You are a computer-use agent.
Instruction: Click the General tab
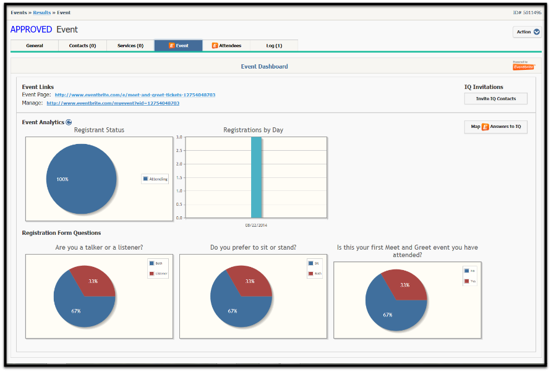(35, 46)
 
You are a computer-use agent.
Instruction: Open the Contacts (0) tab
(82, 46)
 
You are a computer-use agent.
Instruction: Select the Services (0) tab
(130, 46)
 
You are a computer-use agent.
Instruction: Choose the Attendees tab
(226, 46)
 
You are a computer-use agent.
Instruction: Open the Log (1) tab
(274, 46)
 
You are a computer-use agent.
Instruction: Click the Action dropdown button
(527, 32)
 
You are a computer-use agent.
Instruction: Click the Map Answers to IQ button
(495, 127)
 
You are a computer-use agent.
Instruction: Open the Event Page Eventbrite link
(135, 95)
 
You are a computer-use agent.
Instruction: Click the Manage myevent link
(113, 103)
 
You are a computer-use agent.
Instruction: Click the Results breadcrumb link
(43, 12)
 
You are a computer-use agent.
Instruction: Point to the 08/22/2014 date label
(256, 225)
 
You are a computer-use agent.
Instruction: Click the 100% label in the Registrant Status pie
(62, 179)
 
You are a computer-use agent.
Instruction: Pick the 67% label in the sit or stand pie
(233, 311)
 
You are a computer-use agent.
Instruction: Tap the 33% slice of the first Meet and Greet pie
(405, 285)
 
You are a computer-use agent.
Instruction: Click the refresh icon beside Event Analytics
(69, 122)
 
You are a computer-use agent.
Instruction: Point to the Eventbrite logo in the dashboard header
(524, 66)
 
